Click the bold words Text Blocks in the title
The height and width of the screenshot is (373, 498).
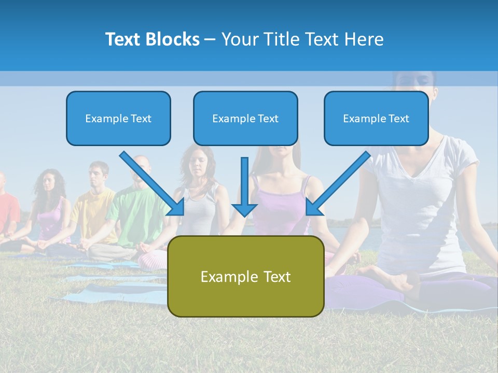click(152, 39)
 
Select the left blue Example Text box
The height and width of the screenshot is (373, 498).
click(118, 118)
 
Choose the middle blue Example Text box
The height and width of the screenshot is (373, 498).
click(245, 118)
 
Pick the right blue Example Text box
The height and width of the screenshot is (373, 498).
click(376, 118)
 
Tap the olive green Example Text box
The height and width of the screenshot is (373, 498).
click(245, 276)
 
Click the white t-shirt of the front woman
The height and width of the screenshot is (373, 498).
click(420, 202)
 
